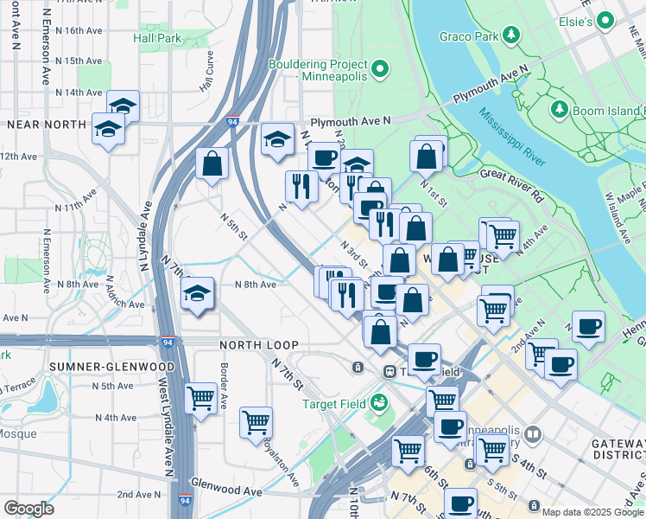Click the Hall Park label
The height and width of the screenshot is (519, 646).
[x=157, y=39]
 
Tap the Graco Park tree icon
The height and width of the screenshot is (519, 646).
[x=512, y=35]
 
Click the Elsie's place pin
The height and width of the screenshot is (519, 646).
[x=605, y=19]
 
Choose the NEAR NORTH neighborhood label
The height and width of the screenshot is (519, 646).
[x=46, y=125]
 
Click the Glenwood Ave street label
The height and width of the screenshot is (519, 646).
[x=225, y=490]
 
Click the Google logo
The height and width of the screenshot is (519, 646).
[x=28, y=509]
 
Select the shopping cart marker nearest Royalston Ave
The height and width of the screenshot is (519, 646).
[x=256, y=424]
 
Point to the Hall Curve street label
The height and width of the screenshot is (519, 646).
[x=206, y=72]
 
